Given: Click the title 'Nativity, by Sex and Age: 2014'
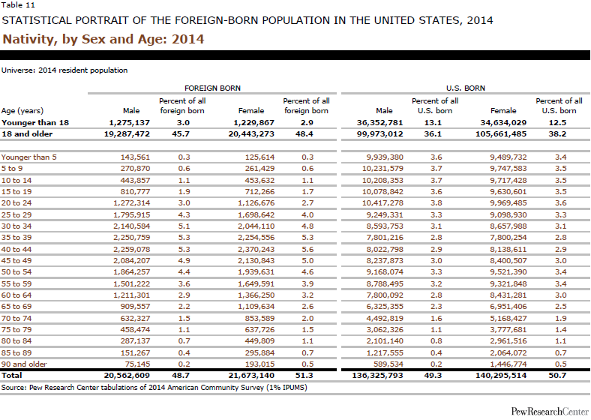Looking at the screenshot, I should [x=103, y=37].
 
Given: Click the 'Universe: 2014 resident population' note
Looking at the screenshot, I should [x=64, y=70].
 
